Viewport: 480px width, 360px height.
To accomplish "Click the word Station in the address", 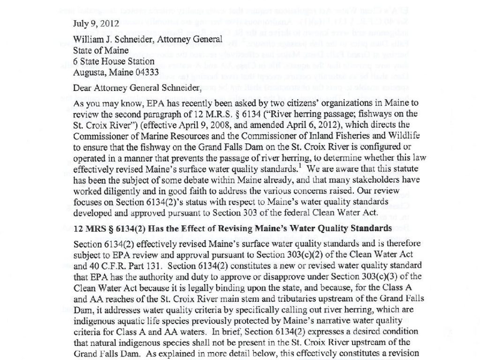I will tap(138, 61).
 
